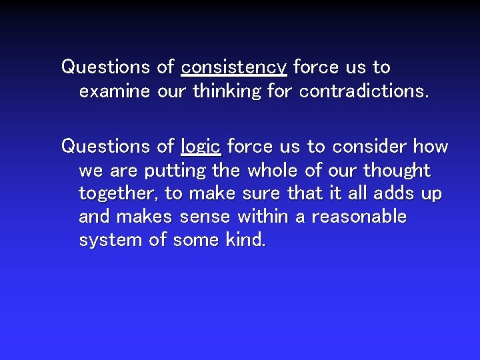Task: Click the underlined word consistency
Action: (x=233, y=67)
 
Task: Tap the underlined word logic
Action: (x=201, y=146)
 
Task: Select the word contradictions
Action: (x=363, y=91)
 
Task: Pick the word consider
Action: (x=370, y=146)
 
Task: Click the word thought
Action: (x=397, y=171)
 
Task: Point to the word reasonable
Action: (x=359, y=217)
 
